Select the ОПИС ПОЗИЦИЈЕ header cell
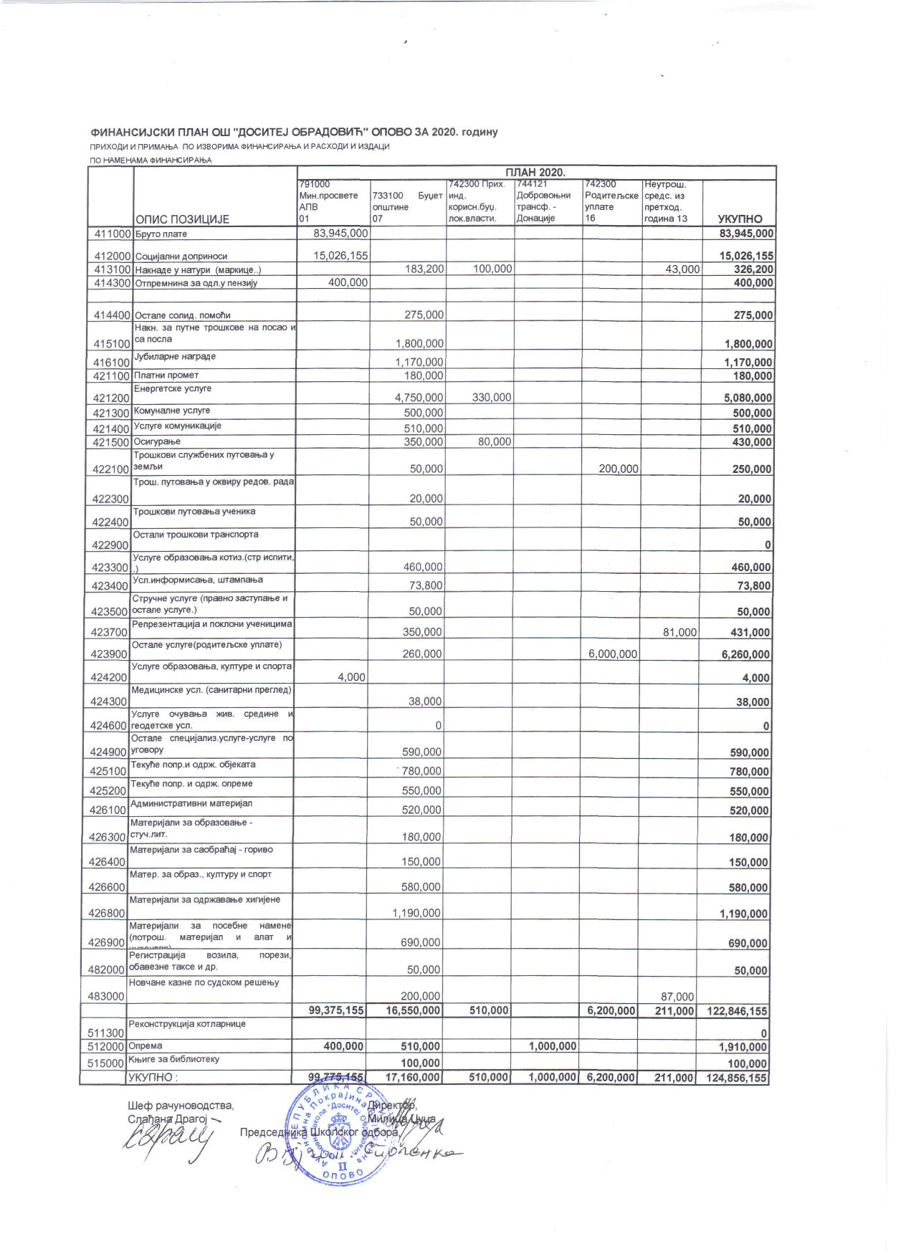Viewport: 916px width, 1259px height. coord(182,219)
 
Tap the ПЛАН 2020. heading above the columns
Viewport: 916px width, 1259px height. coord(535,173)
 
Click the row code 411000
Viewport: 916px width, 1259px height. coord(108,234)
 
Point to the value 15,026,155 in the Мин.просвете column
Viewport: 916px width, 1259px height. coord(340,255)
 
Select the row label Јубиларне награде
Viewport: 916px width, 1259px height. coord(175,356)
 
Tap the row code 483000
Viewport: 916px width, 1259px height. coord(108,996)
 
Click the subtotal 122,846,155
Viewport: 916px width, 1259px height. coord(738,1010)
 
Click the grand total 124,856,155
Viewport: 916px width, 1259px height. coord(738,1078)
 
